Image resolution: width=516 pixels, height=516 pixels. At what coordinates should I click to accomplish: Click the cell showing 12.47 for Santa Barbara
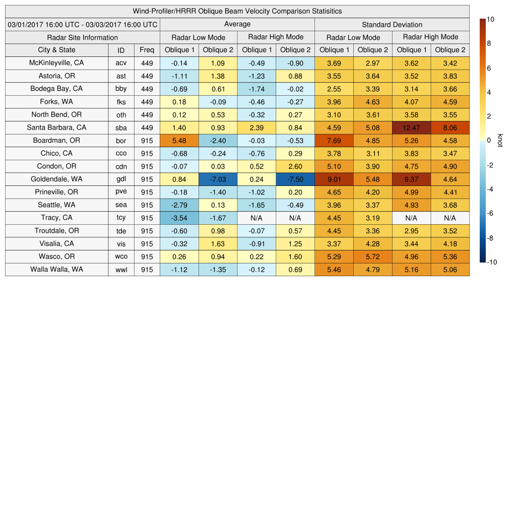click(411, 127)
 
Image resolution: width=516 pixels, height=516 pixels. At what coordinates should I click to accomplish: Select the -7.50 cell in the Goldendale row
click(295, 179)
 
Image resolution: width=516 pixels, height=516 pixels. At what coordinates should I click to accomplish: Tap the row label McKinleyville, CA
click(56, 63)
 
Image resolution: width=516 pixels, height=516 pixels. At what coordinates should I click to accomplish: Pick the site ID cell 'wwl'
click(121, 270)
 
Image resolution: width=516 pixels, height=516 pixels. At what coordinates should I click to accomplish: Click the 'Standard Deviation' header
click(392, 24)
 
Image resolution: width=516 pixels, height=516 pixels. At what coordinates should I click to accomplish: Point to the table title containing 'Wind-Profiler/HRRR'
click(237, 11)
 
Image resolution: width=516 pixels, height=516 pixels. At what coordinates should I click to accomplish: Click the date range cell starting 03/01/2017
click(83, 24)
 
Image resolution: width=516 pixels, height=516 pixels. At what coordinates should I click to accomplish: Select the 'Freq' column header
click(147, 50)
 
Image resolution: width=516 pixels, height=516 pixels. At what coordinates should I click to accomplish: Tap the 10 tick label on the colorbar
click(490, 19)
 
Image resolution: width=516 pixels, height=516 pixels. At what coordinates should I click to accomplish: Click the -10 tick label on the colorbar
click(491, 262)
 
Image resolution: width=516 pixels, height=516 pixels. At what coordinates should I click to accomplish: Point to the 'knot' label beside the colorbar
click(500, 141)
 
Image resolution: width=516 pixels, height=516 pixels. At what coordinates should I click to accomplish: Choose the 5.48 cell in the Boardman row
click(179, 141)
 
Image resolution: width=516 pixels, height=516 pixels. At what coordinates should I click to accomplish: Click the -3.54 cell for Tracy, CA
click(179, 218)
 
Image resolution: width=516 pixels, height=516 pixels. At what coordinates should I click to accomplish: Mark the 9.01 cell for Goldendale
click(334, 179)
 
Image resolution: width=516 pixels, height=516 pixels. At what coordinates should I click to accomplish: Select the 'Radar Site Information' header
click(83, 37)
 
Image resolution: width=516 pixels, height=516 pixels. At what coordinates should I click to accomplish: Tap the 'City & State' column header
click(56, 50)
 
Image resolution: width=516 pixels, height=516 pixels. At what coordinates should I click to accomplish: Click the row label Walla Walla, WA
click(56, 270)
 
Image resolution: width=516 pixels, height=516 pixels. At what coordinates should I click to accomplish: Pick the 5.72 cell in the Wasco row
click(372, 256)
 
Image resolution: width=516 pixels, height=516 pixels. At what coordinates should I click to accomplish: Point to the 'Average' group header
click(237, 24)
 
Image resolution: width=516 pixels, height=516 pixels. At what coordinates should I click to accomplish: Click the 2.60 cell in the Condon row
click(295, 166)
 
